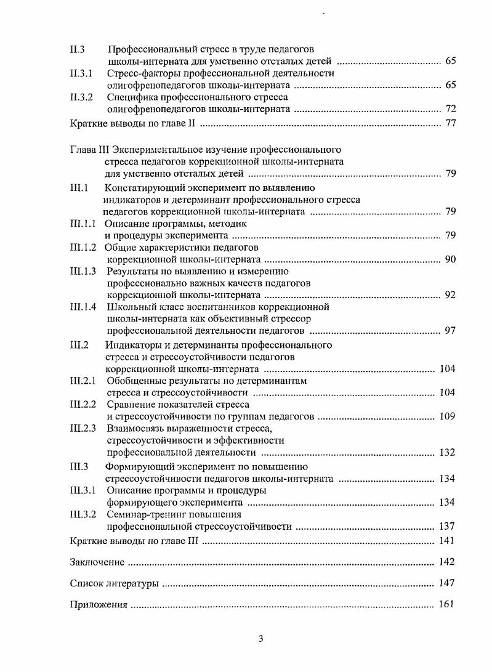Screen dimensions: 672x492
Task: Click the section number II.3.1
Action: pos(81,73)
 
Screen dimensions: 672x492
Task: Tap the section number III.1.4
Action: pos(83,307)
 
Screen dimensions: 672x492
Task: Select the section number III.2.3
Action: pos(83,429)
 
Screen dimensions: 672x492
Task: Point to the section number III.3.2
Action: pos(83,514)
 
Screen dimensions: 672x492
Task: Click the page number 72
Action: pos(450,109)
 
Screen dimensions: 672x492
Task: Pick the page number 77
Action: pos(450,123)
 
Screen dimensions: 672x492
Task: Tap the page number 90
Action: pos(450,259)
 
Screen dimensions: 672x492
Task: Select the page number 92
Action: pos(450,294)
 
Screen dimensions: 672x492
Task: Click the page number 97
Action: pos(450,331)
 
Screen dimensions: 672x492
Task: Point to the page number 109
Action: pos(448,416)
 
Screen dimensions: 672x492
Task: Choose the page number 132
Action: pos(448,453)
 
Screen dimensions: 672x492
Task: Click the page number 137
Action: pos(448,526)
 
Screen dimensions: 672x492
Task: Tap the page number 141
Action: pos(448,541)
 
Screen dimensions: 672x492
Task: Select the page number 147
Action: pos(448,583)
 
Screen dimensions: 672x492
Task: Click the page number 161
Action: pos(448,604)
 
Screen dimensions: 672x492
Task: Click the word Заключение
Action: pos(97,562)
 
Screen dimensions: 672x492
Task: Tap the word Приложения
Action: pos(99,605)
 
